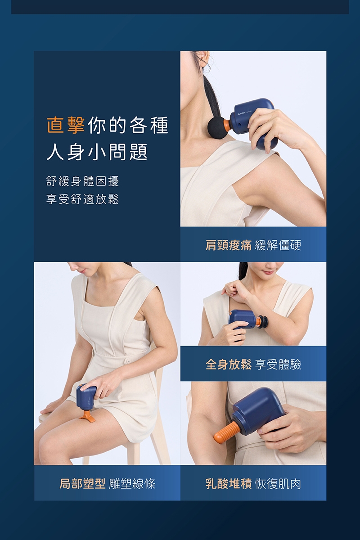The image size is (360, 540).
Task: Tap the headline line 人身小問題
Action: pyautogui.click(x=97, y=152)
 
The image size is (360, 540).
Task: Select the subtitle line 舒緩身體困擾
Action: pyautogui.click(x=83, y=182)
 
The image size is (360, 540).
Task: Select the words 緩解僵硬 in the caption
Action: pyautogui.click(x=278, y=245)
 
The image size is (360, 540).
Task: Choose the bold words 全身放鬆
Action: pyautogui.click(x=229, y=364)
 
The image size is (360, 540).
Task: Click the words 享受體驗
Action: pyautogui.click(x=278, y=364)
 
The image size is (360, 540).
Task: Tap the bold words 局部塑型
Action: pyautogui.click(x=83, y=484)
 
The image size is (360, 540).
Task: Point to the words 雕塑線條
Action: pyautogui.click(x=132, y=484)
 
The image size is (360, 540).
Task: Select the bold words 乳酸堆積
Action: pyautogui.click(x=229, y=484)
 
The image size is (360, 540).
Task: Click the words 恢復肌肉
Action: pyautogui.click(x=278, y=484)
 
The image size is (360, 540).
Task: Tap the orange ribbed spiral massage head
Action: pyautogui.click(x=227, y=432)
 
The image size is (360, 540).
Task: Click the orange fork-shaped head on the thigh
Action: pyautogui.click(x=88, y=416)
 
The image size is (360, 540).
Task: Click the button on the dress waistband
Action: pyautogui.click(x=128, y=361)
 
